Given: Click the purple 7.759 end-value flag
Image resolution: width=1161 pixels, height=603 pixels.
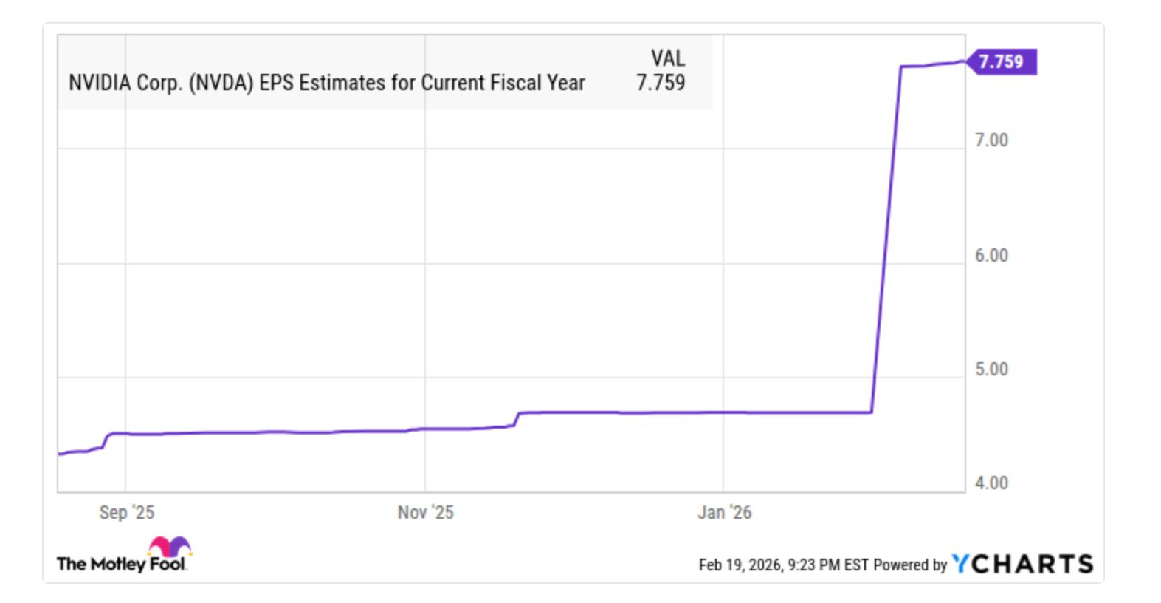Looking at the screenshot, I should point(1002,61).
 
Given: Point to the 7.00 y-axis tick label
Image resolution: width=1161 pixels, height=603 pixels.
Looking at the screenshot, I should point(991,140).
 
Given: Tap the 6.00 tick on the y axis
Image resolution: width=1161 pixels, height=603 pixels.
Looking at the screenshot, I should point(991,256).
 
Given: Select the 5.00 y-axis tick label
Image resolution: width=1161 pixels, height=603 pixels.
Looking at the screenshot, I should point(991,369).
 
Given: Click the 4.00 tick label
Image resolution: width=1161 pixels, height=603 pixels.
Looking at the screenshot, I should point(991,483).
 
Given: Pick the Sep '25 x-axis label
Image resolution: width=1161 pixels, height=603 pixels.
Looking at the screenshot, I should point(127,512).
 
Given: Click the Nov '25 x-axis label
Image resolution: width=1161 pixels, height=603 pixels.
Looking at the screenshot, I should point(425,512).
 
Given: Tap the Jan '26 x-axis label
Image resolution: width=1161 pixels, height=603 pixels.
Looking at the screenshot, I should point(724,512).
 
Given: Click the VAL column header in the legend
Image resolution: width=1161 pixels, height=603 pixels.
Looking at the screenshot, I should point(667,58).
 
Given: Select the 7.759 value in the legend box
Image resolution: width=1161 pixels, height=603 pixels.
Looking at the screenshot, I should point(661,83).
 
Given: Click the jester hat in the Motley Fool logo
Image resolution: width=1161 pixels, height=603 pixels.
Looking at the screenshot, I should point(170,547).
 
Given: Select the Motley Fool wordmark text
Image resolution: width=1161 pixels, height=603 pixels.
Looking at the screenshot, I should point(122,565).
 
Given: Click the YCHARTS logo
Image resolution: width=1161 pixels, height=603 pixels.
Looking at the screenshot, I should point(1022,565).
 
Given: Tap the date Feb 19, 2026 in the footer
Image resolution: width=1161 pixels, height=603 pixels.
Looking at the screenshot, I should point(740,565).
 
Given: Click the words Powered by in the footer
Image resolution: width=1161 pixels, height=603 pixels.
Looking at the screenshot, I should point(909,565).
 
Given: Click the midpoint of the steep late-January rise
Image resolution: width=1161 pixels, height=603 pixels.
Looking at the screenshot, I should point(886,240).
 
